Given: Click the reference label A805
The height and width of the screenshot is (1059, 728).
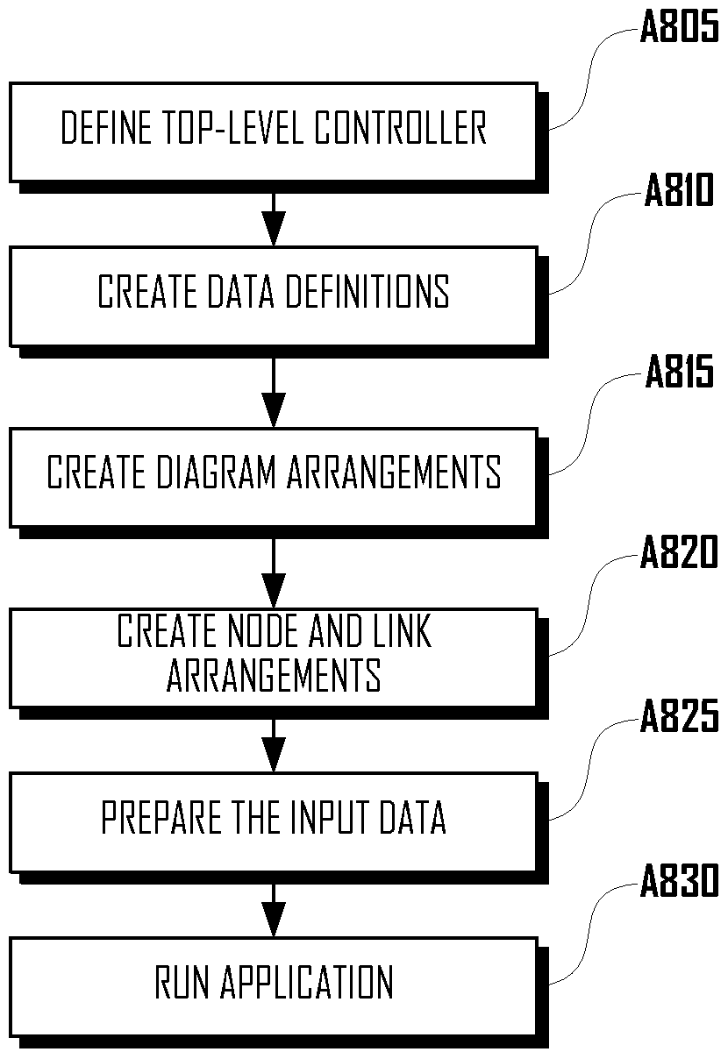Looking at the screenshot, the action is [679, 27].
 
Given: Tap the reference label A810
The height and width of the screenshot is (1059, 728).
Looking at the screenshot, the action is [679, 190].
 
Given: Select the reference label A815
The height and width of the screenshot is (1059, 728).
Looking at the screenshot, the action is [679, 371].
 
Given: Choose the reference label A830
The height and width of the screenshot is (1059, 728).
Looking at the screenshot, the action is [679, 881].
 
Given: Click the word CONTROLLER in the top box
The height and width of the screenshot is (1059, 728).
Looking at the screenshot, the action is [400, 127].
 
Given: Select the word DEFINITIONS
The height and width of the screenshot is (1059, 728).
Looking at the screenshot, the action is [368, 291].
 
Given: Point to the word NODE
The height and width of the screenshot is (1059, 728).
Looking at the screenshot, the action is [264, 630].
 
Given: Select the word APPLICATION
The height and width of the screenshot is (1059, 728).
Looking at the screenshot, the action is [307, 982].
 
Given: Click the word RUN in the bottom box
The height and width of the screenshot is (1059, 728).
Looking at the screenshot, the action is [182, 982].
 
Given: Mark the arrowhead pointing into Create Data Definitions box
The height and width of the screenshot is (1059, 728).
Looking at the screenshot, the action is [274, 229].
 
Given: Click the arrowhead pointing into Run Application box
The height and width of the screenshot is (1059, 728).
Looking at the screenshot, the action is [274, 919].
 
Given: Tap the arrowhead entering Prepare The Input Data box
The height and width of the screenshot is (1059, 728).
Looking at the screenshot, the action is [274, 754].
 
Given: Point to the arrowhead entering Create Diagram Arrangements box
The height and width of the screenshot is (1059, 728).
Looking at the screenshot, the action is [274, 410].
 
